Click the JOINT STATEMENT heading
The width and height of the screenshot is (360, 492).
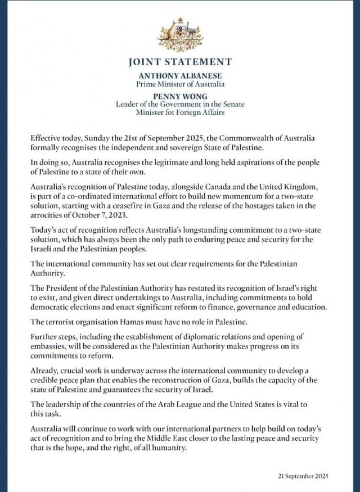(179, 62)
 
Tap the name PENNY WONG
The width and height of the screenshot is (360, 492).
(179, 96)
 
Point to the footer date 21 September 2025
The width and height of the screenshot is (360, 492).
(303, 476)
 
